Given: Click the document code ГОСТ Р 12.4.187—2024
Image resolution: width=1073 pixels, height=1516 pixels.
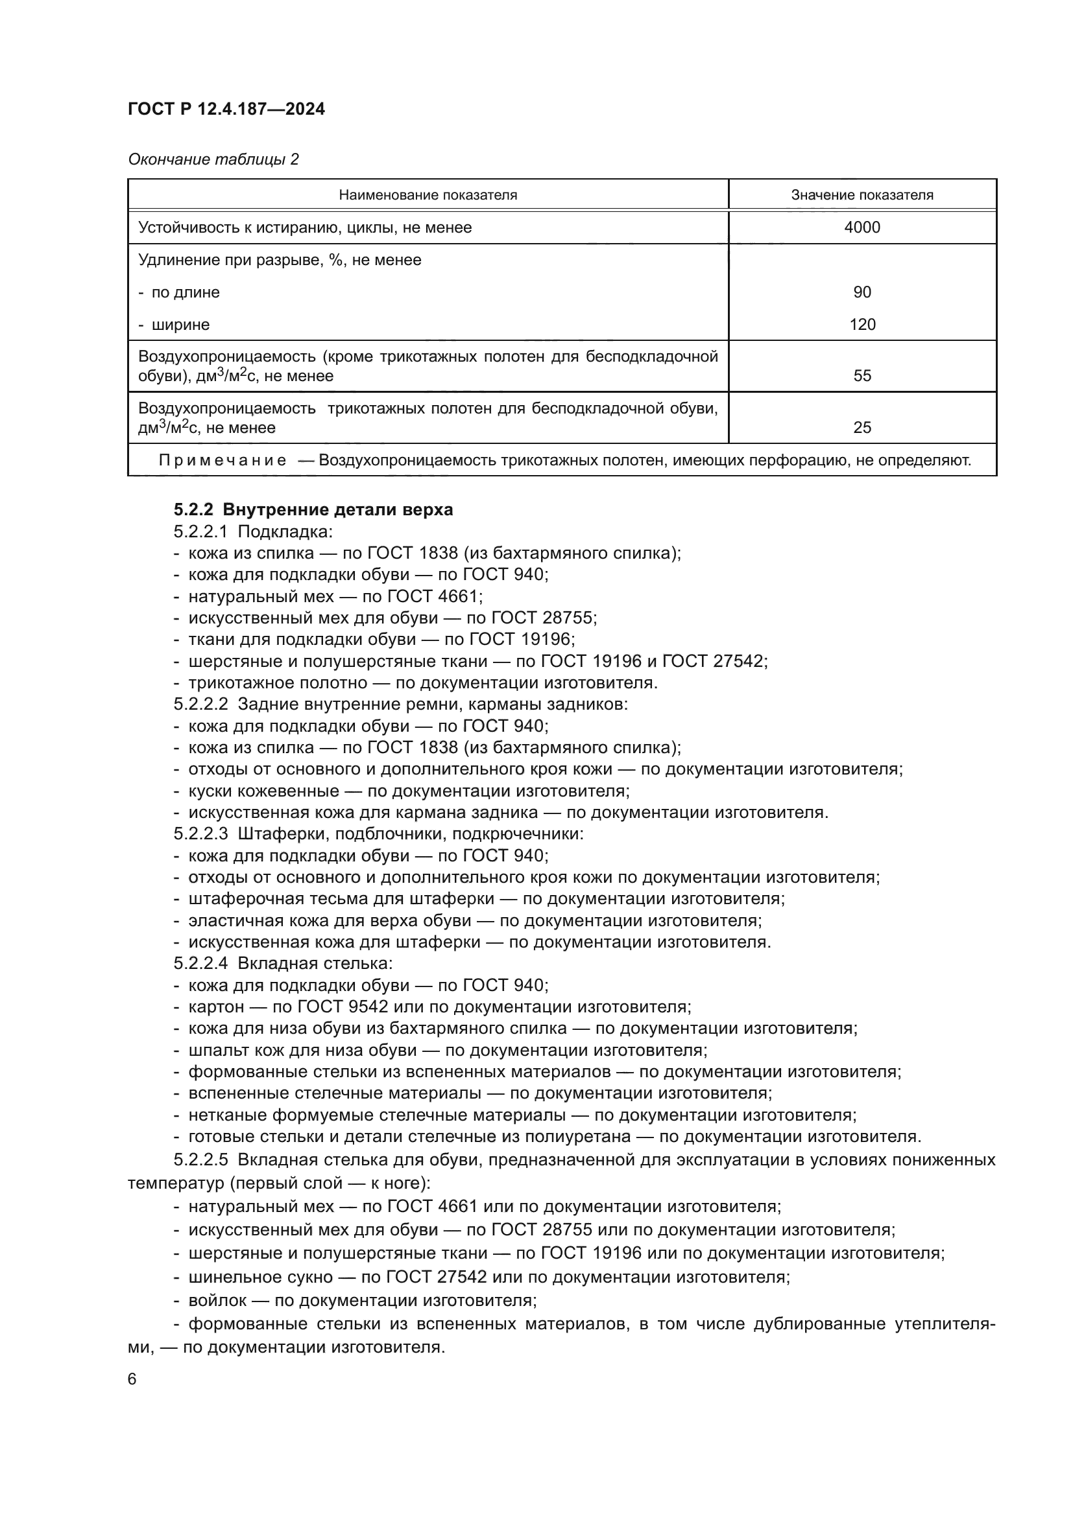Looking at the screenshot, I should pyautogui.click(x=226, y=110).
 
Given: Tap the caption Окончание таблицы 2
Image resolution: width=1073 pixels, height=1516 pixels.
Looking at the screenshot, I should pyautogui.click(x=213, y=159).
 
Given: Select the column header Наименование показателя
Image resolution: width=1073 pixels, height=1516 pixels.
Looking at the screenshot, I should pyautogui.click(x=428, y=195).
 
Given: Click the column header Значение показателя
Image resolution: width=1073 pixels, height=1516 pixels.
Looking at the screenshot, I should pyautogui.click(x=862, y=195).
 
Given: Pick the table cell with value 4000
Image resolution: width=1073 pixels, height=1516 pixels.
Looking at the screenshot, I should pyautogui.click(x=862, y=227).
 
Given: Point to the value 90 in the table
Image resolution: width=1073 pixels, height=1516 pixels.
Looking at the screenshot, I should pyautogui.click(x=862, y=292).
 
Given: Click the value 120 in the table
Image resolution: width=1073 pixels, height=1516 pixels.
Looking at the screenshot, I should pyautogui.click(x=862, y=325).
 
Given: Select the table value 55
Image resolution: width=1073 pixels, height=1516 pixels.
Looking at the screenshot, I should pyautogui.click(x=862, y=377).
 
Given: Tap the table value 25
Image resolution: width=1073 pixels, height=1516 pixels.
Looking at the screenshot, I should pyautogui.click(x=862, y=428).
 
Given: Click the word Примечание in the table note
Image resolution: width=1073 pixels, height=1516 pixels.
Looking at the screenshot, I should pyautogui.click(x=223, y=461).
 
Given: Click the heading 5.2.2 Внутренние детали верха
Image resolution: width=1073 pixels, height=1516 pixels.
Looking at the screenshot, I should pyautogui.click(x=313, y=509).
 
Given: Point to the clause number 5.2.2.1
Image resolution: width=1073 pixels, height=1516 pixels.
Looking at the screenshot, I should pyautogui.click(x=200, y=531).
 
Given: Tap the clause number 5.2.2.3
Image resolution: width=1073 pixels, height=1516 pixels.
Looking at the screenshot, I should pyautogui.click(x=200, y=834).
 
